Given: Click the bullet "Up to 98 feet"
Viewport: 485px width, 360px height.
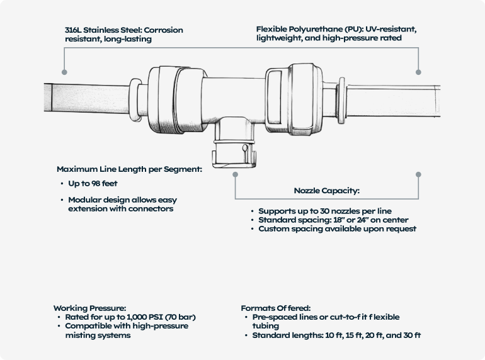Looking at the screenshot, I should pos(93,184).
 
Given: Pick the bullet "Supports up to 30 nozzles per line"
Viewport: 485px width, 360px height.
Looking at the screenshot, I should pos(328,210).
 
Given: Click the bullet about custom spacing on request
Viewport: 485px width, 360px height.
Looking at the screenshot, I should pos(337,229).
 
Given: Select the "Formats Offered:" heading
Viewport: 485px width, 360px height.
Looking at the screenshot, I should pos(275,308).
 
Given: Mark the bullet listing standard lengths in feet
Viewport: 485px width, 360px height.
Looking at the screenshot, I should pos(336,335).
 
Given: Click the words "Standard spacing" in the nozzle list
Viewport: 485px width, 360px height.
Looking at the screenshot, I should pos(289,220).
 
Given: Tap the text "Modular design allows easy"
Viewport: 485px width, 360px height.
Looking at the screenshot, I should pos(123,200).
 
